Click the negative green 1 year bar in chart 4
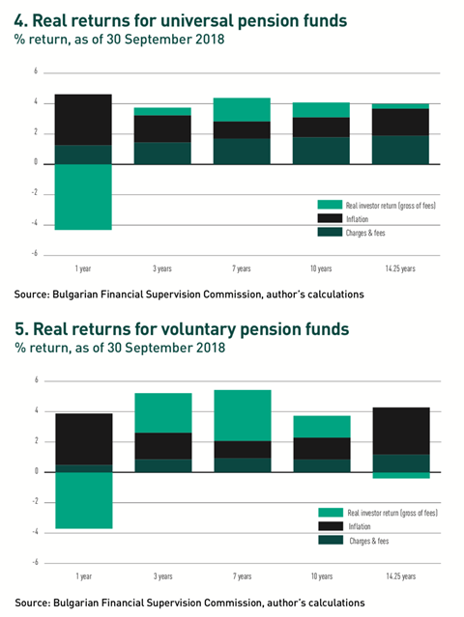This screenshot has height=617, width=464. pos(83,197)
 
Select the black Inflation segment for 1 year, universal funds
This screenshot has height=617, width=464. pos(83,120)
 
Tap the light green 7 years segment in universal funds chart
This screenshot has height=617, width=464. pos(242,110)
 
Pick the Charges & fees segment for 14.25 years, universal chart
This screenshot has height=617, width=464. pos(400,150)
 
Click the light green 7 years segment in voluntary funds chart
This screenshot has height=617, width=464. pos(243,415)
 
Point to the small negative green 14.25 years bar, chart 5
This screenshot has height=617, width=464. pos(401,475)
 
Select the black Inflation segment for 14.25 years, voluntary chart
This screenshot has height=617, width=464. pos(401,431)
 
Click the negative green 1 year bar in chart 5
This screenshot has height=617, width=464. pos(84,500)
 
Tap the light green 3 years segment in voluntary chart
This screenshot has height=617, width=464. pos(163,412)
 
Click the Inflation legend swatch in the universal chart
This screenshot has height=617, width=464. pos(330,218)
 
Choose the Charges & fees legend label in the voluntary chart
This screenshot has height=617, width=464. pos(368,541)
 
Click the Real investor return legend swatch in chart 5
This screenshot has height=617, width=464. pos(331,513)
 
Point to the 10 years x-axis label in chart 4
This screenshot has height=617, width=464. pos(321,268)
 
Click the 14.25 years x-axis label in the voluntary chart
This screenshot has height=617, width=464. pos(401,576)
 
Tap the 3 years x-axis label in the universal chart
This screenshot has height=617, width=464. pos(162,268)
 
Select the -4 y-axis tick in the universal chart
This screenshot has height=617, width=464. pos(35,223)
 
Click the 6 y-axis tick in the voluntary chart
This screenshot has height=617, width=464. pos(37,379)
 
